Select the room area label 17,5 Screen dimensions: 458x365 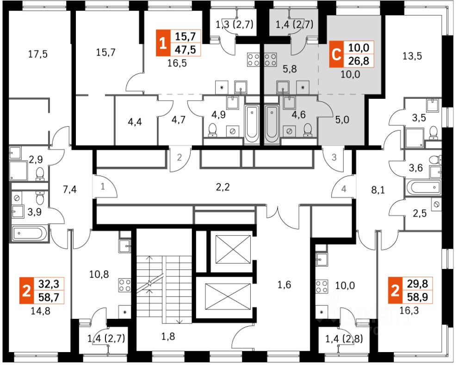pyautogui.click(x=38, y=54)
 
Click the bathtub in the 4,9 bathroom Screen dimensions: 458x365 pyautogui.click(x=252, y=123)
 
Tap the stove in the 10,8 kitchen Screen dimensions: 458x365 pyautogui.click(x=124, y=285)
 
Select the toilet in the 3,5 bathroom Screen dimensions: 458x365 pyautogui.click(x=433, y=133)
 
